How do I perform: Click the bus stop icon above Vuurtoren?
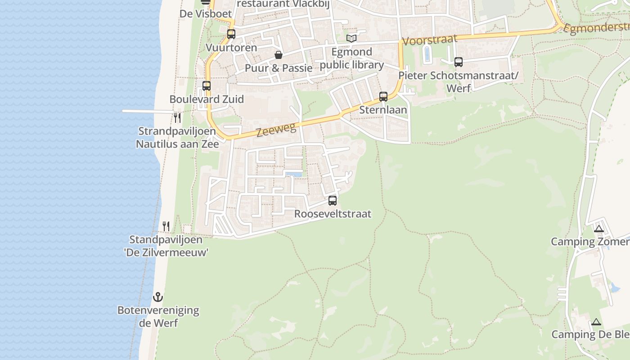point(231,34)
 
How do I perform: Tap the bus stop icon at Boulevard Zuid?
point(207,85)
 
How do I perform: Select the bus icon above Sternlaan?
point(383,96)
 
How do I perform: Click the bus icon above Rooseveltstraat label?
point(333,200)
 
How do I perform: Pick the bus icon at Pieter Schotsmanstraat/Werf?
point(459,62)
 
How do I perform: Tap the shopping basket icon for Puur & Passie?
point(279,55)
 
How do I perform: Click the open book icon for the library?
point(351,38)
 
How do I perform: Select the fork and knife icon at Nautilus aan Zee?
point(178,118)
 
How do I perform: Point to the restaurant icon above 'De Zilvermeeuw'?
point(166,226)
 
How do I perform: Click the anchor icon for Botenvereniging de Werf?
point(157,297)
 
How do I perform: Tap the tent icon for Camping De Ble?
point(596,322)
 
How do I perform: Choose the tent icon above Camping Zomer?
point(598,229)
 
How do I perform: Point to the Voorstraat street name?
point(429,40)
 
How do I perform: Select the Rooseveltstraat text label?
point(333,214)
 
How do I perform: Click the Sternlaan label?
point(383,110)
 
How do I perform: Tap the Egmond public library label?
point(351,58)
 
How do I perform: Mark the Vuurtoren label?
point(231,48)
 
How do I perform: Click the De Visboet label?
point(206,14)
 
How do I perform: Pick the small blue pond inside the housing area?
point(294,174)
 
